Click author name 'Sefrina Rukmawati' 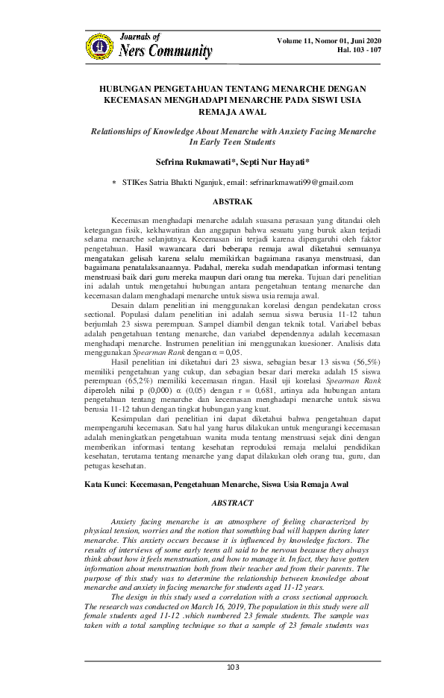click(x=190, y=160)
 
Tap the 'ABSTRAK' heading click(x=224, y=201)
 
